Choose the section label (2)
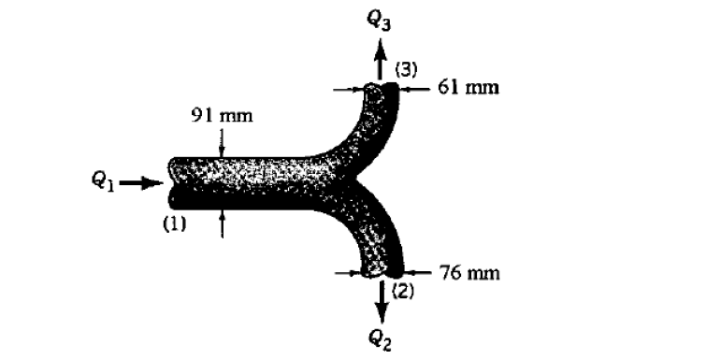coord(403,292)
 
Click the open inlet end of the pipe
coord(173,181)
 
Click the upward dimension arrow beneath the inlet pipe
coord(222,223)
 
